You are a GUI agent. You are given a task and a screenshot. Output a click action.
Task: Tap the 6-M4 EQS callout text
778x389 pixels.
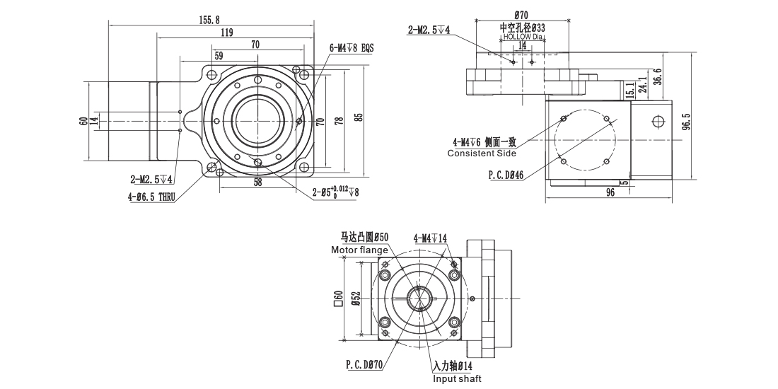(351, 48)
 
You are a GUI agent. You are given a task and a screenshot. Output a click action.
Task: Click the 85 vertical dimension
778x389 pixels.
(359, 117)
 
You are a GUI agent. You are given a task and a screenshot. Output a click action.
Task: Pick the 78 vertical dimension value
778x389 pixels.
(339, 121)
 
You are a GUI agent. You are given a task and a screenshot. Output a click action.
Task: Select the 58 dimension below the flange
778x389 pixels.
(257, 182)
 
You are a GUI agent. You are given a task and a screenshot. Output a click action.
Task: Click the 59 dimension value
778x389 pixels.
(219, 55)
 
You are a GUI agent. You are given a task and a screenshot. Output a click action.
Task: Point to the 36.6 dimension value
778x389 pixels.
(658, 75)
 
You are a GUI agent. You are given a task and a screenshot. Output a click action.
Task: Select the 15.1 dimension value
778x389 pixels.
(629, 89)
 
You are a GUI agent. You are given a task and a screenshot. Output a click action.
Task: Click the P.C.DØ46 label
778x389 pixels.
(505, 175)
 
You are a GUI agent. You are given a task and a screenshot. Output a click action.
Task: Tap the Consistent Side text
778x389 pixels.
(482, 153)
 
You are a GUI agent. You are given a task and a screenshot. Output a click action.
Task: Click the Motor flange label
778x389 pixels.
(359, 250)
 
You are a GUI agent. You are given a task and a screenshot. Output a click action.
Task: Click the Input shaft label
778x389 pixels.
(457, 379)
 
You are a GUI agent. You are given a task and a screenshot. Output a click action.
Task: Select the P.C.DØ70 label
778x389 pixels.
(364, 365)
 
